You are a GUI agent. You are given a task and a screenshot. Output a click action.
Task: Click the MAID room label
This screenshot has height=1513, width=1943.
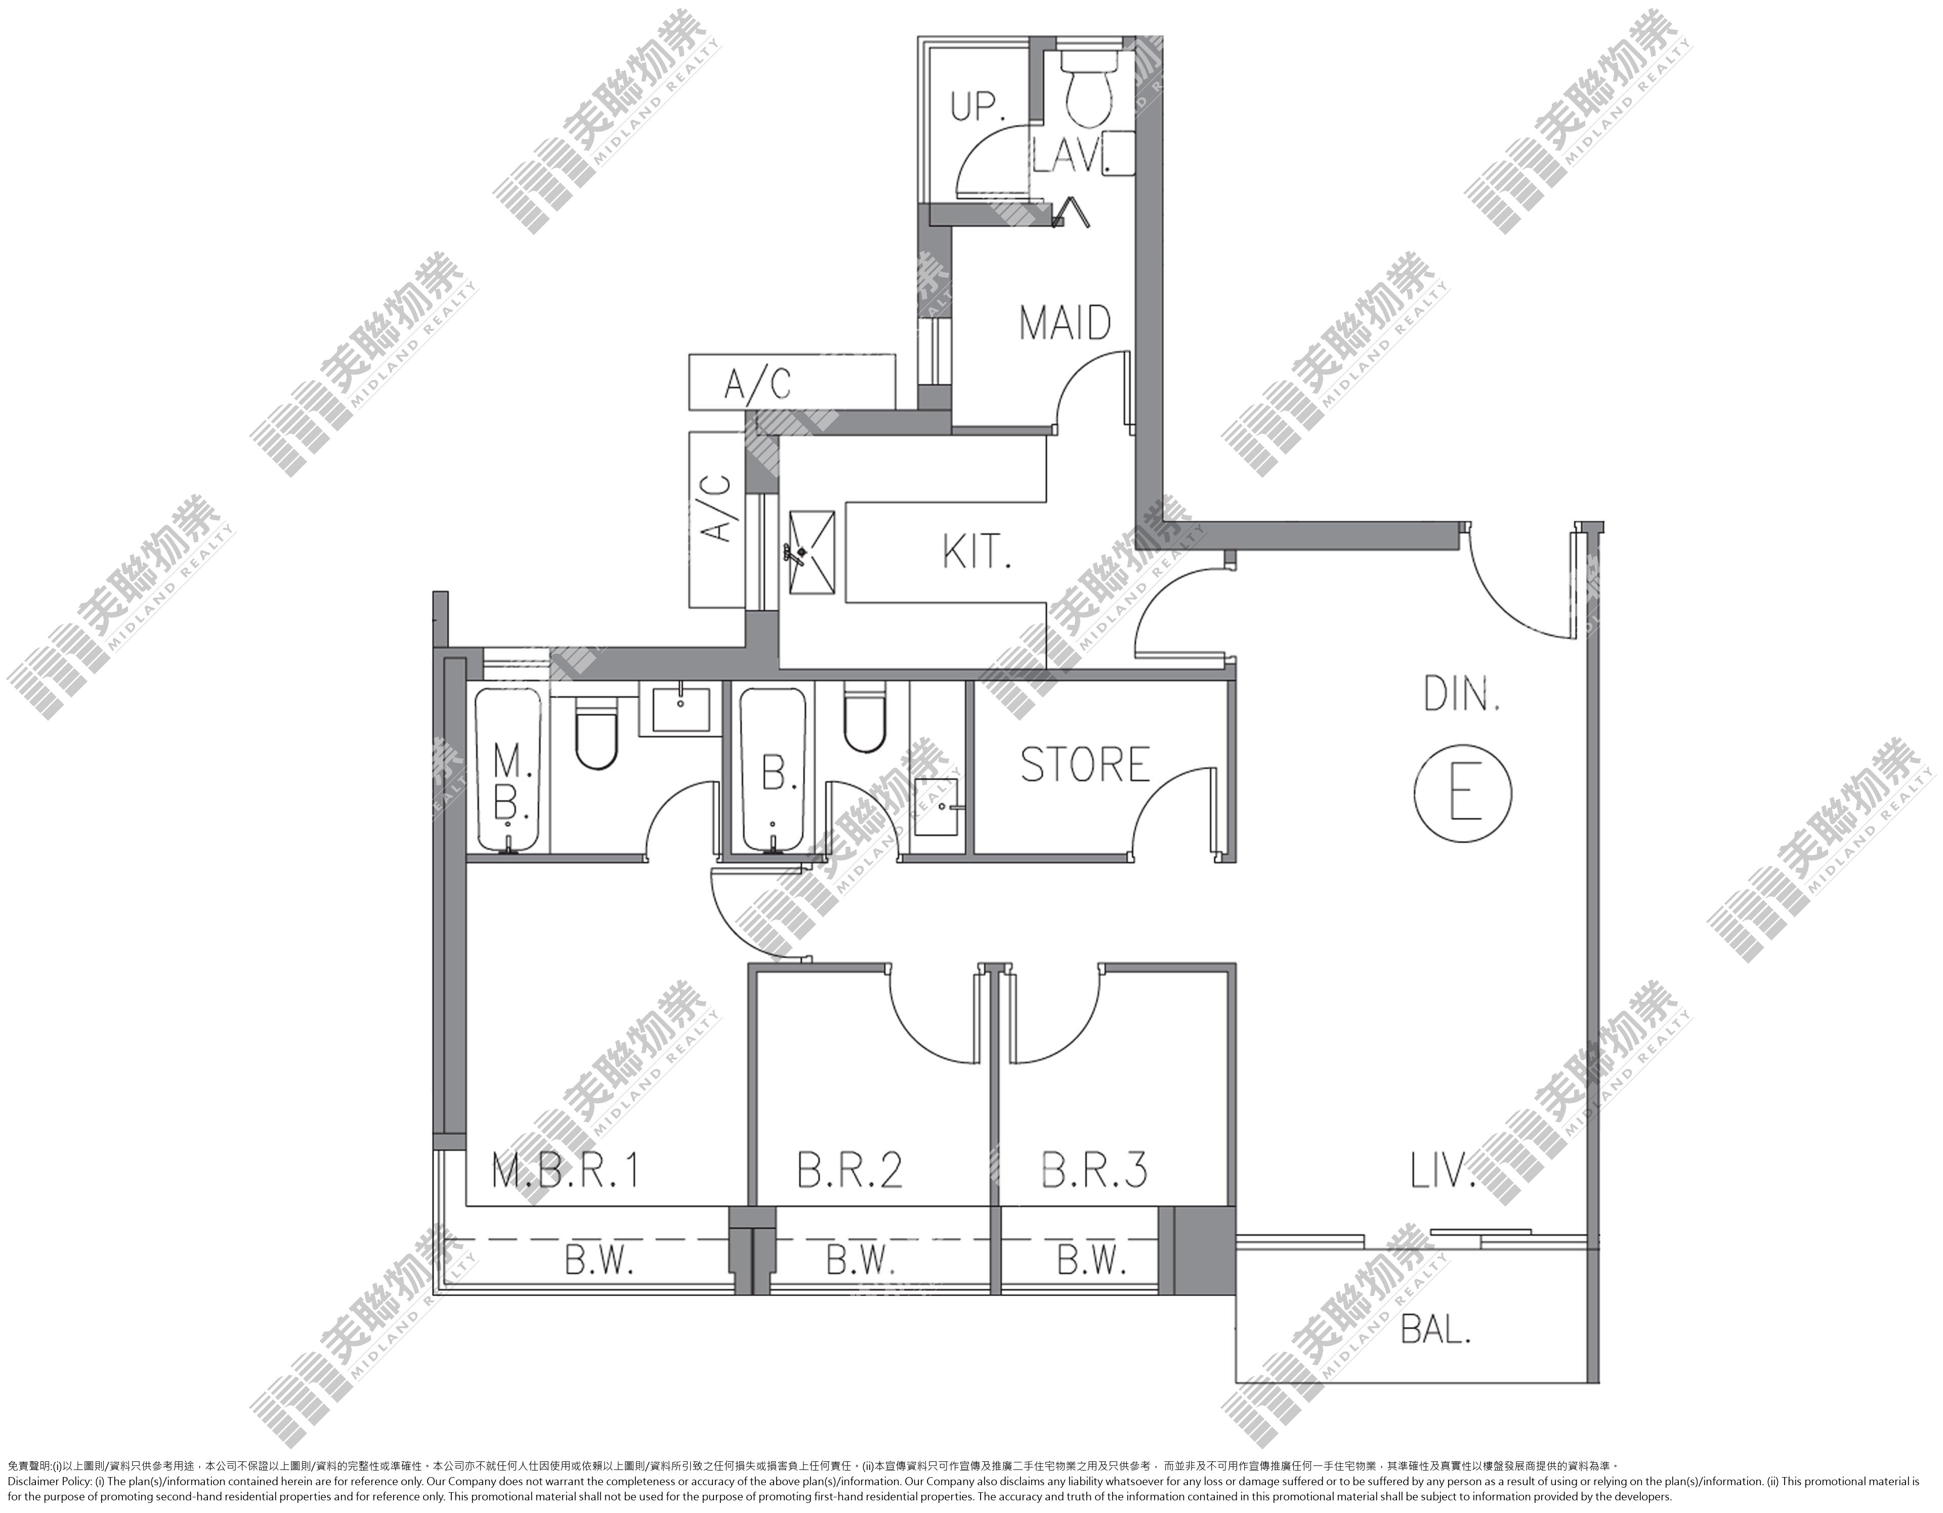(1065, 323)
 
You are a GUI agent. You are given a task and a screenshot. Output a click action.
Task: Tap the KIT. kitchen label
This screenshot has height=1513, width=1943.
(977, 553)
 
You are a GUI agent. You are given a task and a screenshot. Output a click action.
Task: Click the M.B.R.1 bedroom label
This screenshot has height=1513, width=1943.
(566, 1170)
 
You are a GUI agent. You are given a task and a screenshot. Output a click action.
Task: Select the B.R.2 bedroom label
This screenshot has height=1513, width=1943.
(850, 1170)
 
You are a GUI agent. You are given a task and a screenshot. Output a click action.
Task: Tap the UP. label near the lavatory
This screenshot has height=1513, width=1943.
(978, 107)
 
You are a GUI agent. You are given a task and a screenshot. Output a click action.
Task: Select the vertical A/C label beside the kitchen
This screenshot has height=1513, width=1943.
(716, 508)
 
